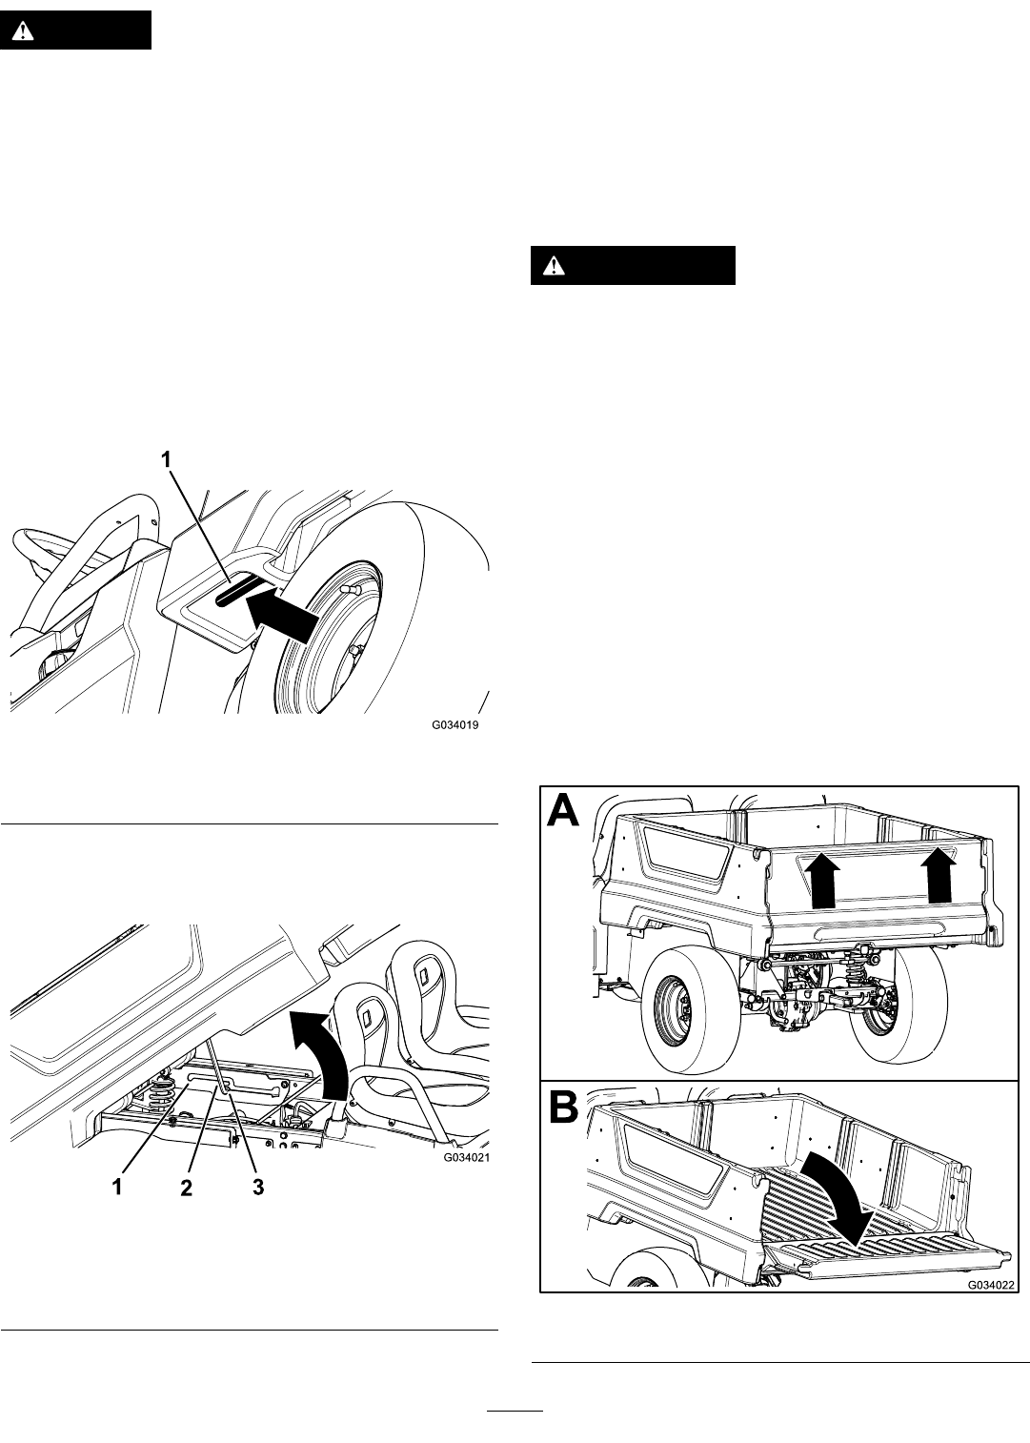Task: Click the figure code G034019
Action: coord(454,724)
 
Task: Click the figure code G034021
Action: coord(466,1158)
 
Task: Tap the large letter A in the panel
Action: coord(564,810)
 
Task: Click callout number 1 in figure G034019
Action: coord(167,460)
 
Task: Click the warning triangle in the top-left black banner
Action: coord(24,30)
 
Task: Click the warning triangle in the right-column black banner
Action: coord(555,265)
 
